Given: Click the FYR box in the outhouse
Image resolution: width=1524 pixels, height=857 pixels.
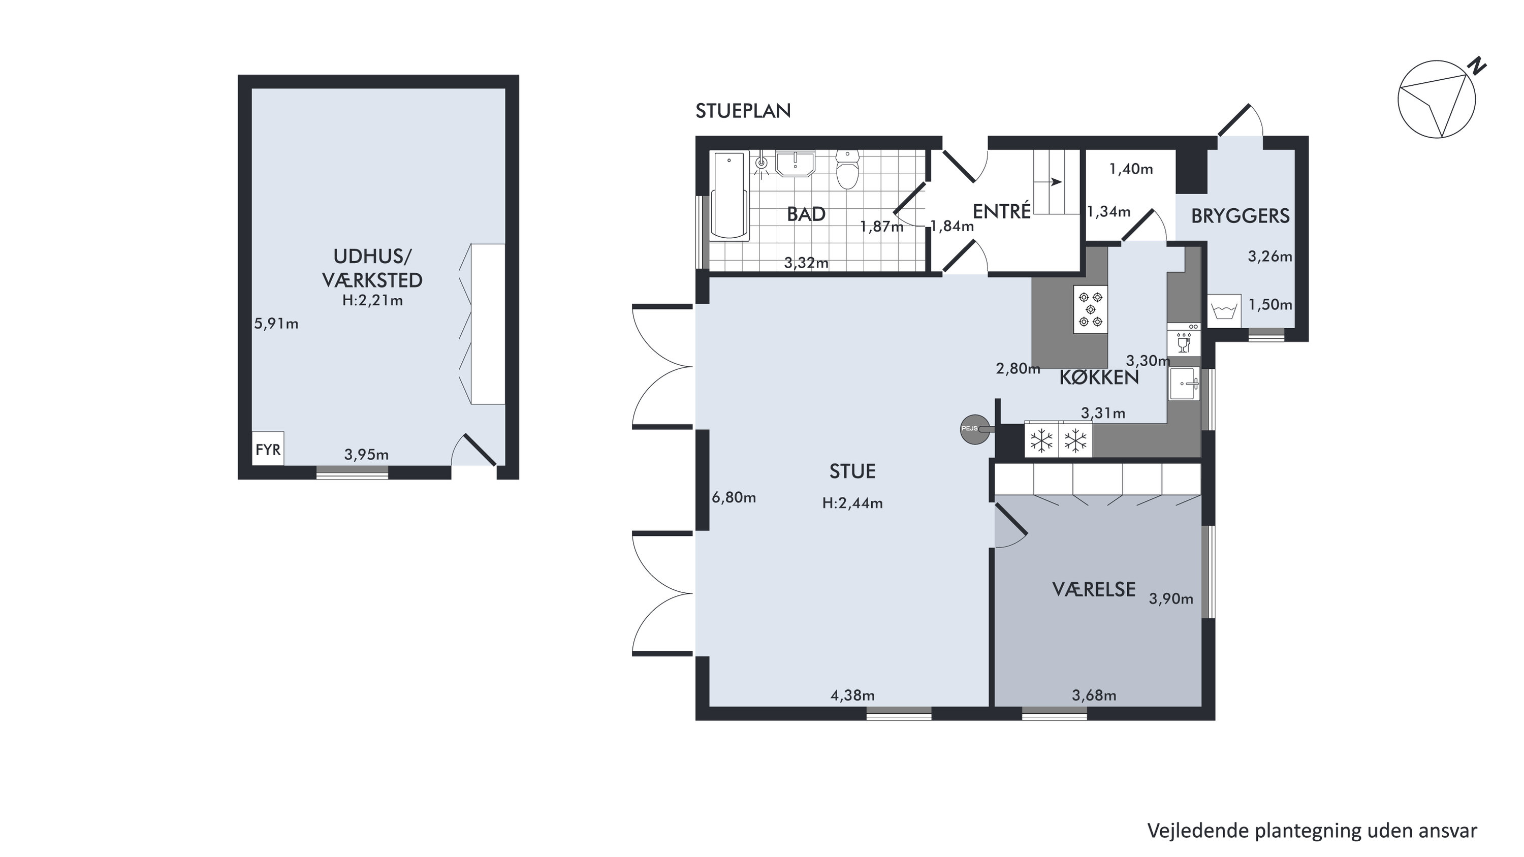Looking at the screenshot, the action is [268, 449].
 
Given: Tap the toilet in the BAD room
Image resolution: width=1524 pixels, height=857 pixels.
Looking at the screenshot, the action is [848, 169].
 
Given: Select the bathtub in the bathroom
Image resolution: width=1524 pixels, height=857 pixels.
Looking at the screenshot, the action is [730, 196].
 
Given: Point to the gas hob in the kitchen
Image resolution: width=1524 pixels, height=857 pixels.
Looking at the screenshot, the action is [1090, 309].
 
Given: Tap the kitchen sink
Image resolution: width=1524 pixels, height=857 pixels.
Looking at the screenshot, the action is [1184, 384].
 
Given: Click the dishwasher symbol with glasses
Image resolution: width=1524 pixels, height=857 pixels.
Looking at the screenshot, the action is [1184, 339].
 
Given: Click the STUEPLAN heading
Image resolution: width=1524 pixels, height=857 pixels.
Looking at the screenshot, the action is [743, 111].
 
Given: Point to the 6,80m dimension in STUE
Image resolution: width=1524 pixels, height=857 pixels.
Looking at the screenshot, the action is [734, 497].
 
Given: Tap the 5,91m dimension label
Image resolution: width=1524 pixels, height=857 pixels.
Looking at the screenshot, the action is [276, 324].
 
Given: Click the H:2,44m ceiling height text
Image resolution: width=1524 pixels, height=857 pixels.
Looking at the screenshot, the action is [852, 503].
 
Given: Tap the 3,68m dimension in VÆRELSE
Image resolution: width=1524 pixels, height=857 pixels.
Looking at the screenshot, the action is [1094, 695].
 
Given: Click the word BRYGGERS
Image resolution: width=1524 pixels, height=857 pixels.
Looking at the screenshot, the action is [1240, 216].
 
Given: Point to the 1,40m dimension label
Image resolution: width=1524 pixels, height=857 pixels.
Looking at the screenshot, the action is [1131, 169].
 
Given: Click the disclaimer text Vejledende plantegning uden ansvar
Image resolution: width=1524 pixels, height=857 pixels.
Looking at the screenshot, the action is [1312, 831].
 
